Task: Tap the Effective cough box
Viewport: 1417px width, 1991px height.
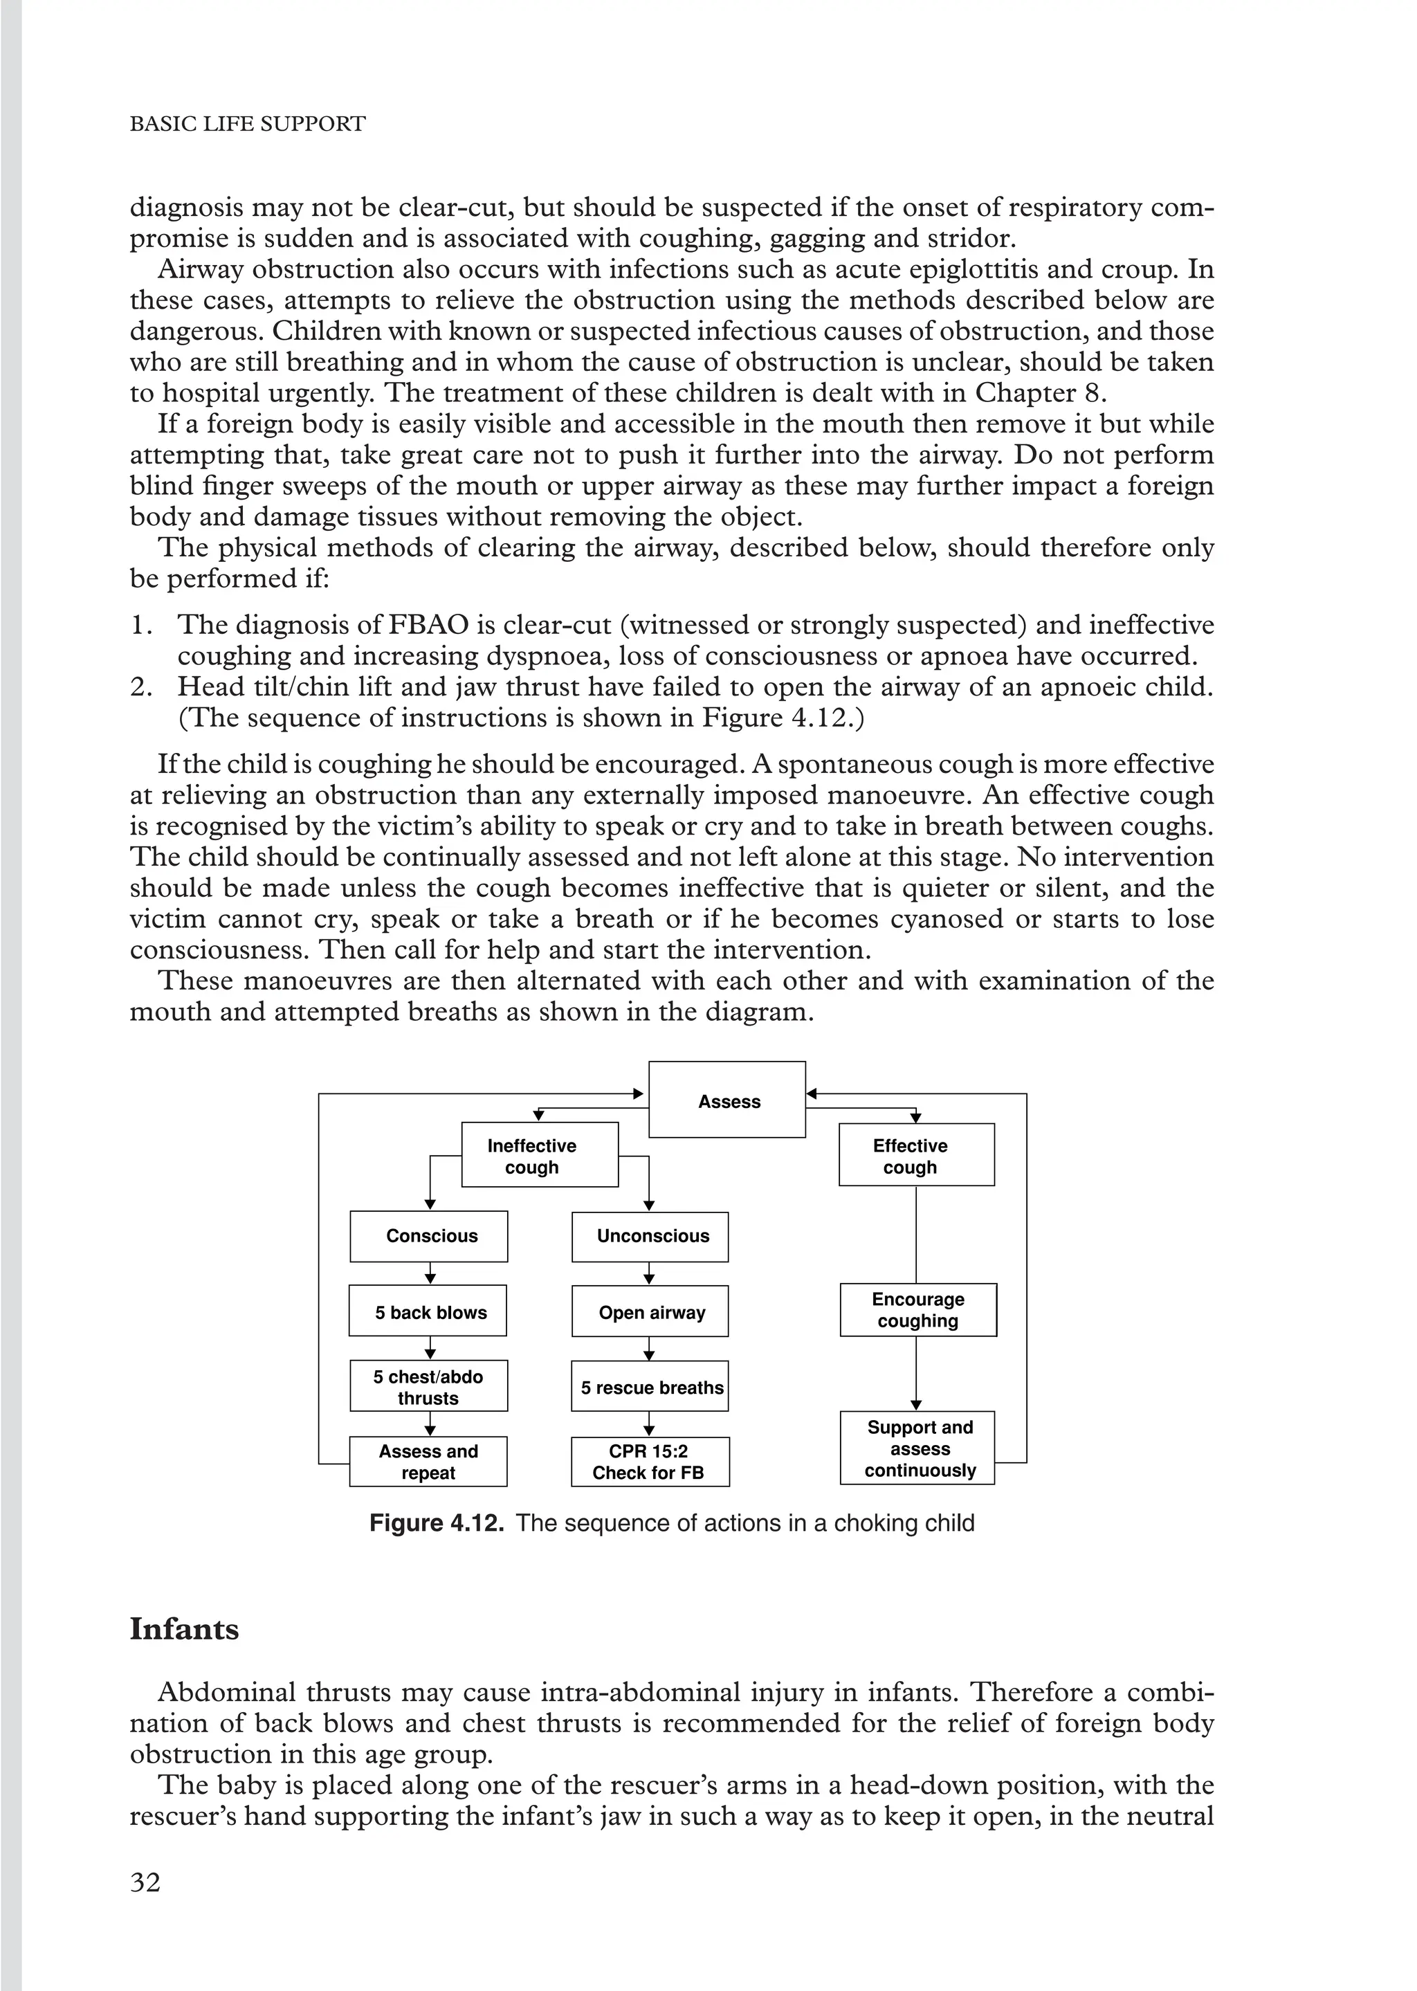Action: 916,1155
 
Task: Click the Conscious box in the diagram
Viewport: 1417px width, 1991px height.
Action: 428,1235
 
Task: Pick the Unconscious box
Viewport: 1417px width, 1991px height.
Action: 650,1235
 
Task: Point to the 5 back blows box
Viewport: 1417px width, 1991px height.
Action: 428,1311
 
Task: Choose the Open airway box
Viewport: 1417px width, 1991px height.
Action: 650,1311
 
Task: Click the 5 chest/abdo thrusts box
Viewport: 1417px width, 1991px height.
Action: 428,1386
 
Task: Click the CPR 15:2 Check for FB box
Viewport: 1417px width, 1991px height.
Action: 650,1462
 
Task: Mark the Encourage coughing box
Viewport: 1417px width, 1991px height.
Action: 918,1309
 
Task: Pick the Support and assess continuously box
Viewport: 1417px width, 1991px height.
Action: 918,1448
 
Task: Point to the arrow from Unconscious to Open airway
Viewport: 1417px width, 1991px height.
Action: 648,1274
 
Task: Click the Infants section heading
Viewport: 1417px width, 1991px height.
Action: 184,1629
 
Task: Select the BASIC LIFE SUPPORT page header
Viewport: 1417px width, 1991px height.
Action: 247,124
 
